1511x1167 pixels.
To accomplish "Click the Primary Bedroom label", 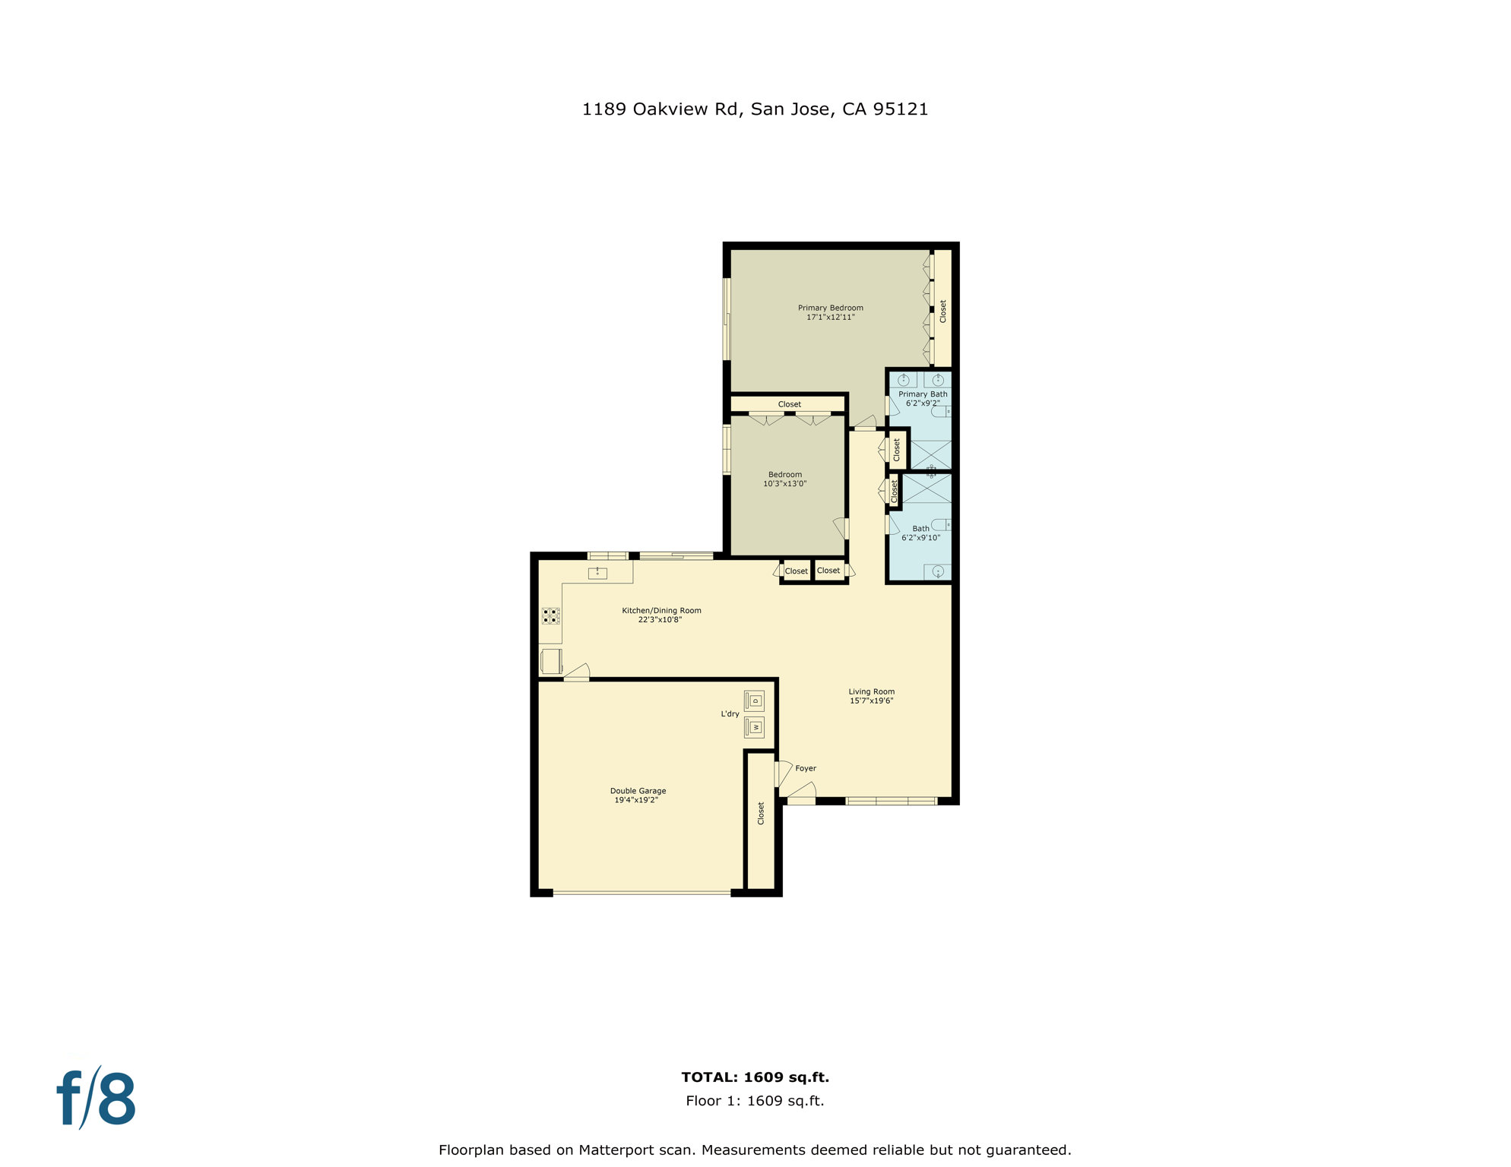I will (x=830, y=312).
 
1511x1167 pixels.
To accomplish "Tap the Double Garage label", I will (x=638, y=795).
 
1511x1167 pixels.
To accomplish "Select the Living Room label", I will (x=871, y=696).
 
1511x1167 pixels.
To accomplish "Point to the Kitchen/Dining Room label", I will (x=661, y=615).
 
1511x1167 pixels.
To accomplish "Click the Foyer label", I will (x=805, y=768).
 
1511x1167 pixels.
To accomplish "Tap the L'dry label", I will (x=730, y=713).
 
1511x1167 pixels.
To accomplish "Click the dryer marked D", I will (x=754, y=701).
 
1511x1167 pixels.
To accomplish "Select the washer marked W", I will (x=754, y=727).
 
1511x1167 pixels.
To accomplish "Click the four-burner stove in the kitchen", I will (x=551, y=615).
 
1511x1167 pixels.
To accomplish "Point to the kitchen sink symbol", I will (x=597, y=573).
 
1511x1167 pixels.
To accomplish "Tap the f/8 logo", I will (x=97, y=1099).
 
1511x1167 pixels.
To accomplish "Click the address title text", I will (x=755, y=109).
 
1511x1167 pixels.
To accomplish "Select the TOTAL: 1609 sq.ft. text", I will (x=755, y=1077).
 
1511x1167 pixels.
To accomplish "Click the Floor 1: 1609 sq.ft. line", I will (x=755, y=1100).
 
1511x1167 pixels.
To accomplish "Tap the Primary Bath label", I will (x=923, y=398).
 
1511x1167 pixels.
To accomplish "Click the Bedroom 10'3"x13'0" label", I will (x=784, y=479).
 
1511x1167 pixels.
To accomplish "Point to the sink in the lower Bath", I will (x=937, y=571).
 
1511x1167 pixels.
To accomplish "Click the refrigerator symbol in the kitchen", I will (x=551, y=661).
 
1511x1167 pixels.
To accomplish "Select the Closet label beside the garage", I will (x=761, y=813).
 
